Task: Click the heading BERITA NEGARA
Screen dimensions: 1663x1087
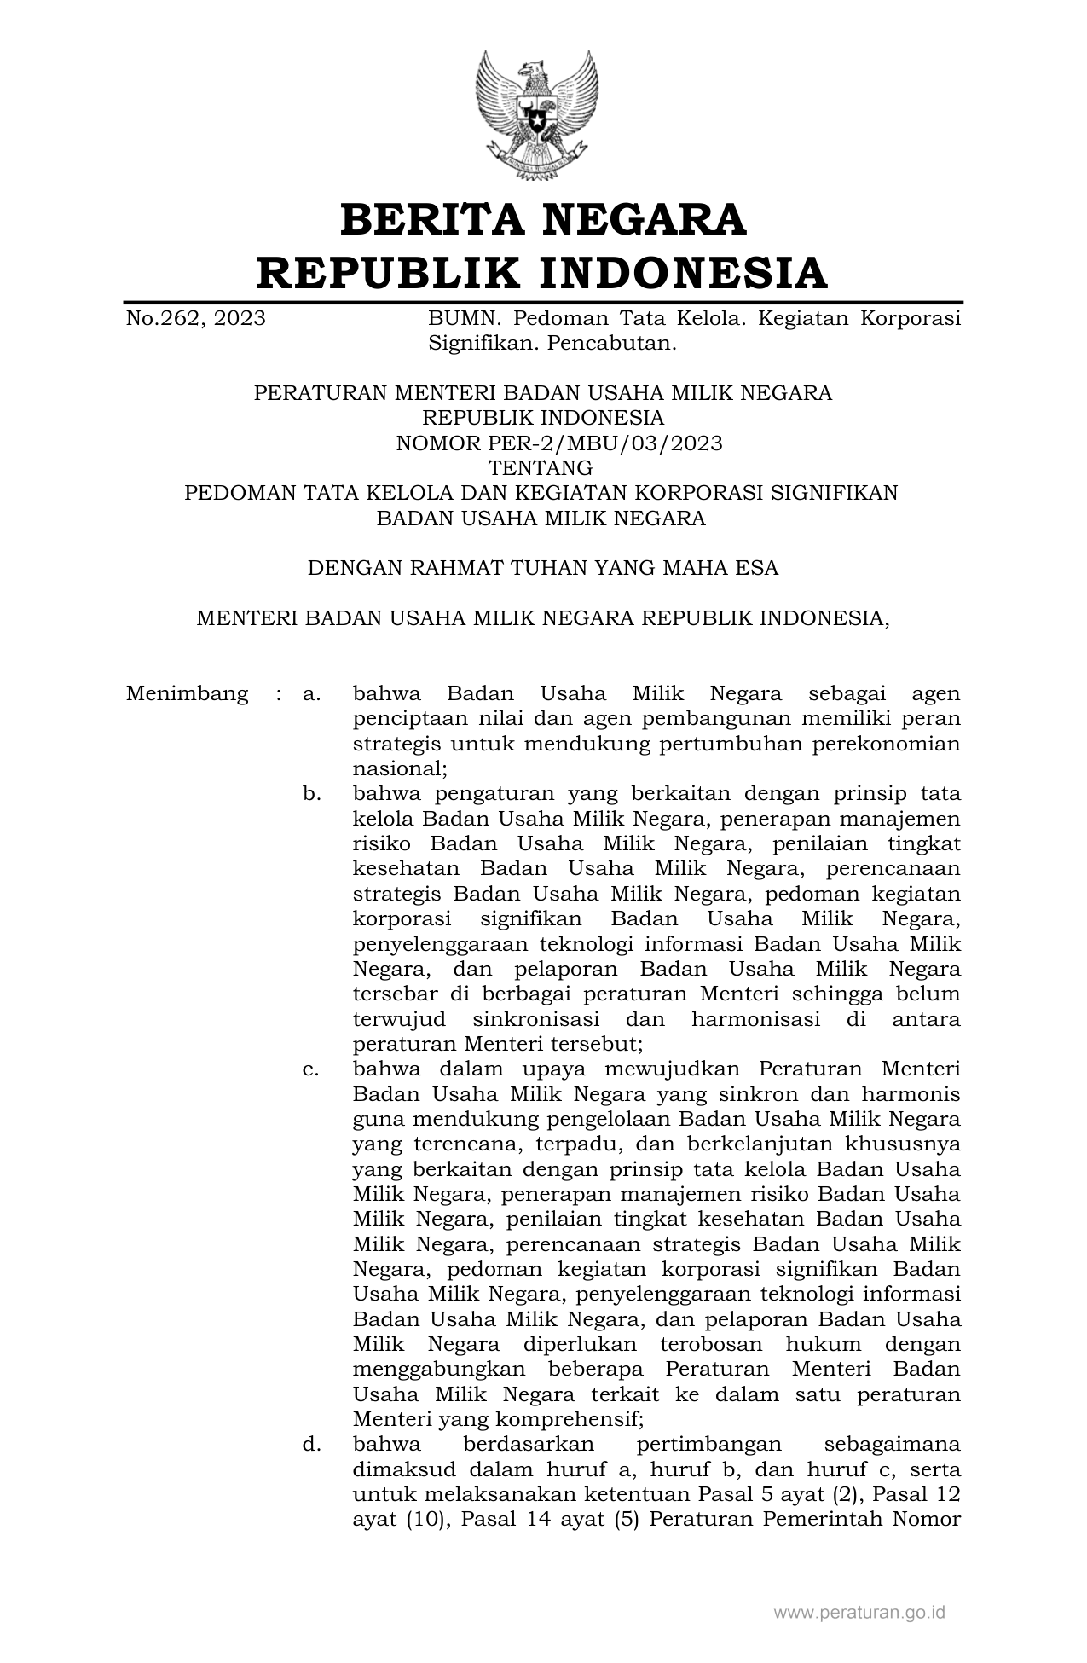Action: point(543,219)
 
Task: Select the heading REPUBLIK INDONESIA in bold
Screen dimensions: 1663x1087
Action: point(543,273)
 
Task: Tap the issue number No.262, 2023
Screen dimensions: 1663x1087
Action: point(195,319)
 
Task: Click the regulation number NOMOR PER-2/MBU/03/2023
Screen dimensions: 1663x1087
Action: point(559,443)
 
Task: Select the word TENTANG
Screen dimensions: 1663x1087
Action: point(540,468)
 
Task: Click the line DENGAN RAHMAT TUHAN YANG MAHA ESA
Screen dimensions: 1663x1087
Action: point(543,568)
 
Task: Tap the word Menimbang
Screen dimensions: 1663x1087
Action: point(188,693)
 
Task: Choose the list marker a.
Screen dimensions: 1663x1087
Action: point(311,693)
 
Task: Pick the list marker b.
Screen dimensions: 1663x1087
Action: point(311,794)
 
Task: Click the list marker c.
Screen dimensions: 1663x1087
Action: point(311,1069)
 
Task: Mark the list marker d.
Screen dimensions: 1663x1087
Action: point(311,1445)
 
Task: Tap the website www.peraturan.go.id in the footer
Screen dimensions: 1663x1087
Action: point(859,1613)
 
